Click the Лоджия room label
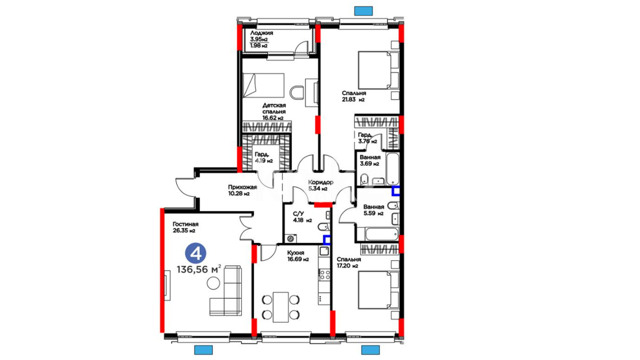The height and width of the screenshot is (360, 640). pos(262,33)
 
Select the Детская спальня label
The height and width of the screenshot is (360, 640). pos(274,108)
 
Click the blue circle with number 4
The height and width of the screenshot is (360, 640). pos(196,253)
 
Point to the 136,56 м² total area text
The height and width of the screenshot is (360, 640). pos(199,269)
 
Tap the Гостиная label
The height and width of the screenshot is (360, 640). pos(185,224)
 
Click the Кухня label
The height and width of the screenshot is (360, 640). pos(295,253)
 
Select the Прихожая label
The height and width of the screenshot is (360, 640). pos(242,187)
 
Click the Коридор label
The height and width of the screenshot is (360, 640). pos(321,182)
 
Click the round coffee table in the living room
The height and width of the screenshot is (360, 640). pos(213,283)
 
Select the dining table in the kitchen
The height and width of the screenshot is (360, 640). pos(280,307)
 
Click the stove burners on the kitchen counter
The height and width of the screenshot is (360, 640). pos(324,275)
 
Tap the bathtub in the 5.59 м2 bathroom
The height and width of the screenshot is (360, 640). pos(382,234)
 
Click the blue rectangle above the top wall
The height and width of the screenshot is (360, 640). pos(363,11)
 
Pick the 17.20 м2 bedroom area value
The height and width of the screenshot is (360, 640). pos(347,266)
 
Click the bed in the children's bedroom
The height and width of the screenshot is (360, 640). pos(263,85)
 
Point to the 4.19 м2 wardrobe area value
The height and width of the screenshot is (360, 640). pos(264,161)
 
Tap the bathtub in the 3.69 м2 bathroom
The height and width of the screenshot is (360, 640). pos(393,169)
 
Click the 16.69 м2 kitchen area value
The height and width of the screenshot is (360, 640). pos(298,259)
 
